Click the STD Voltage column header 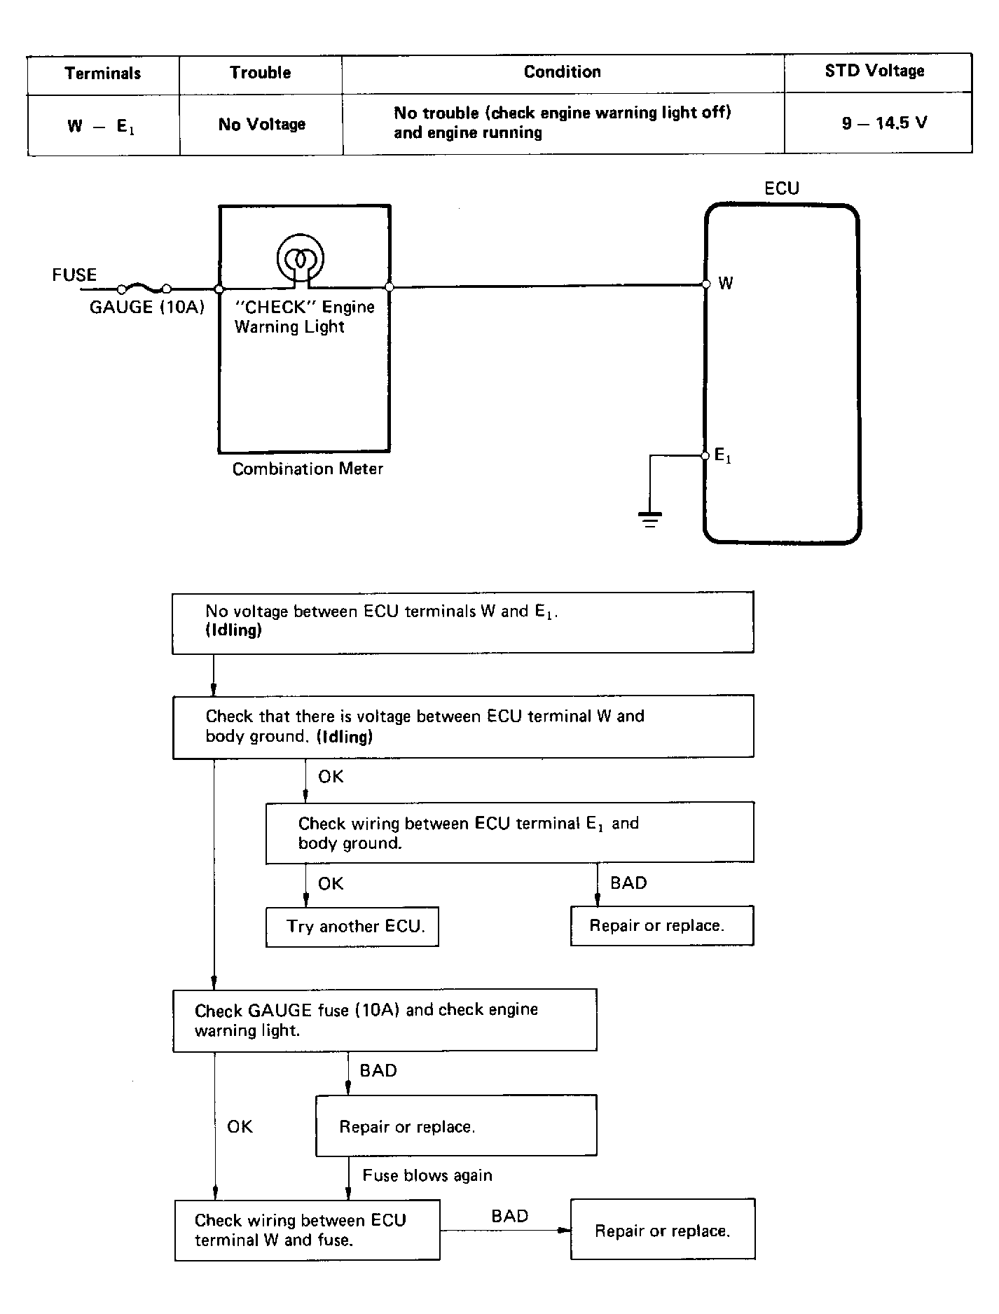click(x=874, y=71)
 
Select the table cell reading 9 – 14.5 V click(x=884, y=123)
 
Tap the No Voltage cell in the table click(x=262, y=125)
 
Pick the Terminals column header click(x=103, y=73)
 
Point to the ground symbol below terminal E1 click(x=650, y=519)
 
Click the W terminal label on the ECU click(x=726, y=283)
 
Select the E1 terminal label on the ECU click(x=723, y=456)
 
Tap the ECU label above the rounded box click(x=782, y=188)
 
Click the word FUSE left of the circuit click(x=74, y=275)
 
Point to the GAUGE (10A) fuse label click(x=147, y=307)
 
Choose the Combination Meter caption click(x=308, y=469)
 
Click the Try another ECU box click(x=352, y=927)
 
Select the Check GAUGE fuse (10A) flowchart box click(x=385, y=1020)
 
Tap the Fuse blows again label click(x=427, y=1175)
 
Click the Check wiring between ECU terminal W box click(x=307, y=1230)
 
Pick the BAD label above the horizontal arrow click(x=510, y=1216)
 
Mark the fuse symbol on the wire click(x=145, y=288)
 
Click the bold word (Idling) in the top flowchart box click(x=234, y=630)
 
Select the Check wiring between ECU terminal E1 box click(x=510, y=833)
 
